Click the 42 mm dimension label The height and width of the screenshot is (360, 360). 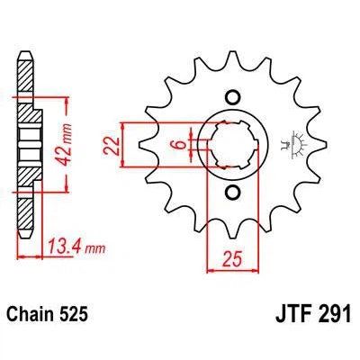(68, 135)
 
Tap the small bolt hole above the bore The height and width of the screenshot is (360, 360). (233, 98)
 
